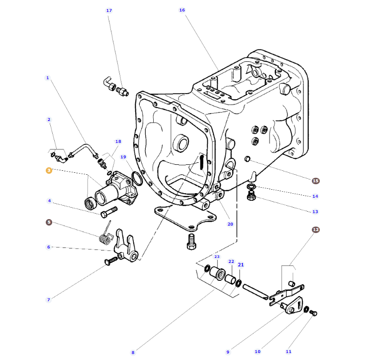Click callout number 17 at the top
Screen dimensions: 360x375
point(109,10)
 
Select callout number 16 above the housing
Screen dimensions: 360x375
point(182,10)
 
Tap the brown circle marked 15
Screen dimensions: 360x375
point(315,181)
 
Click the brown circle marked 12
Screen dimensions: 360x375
point(315,230)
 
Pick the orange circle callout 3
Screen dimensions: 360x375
point(49,170)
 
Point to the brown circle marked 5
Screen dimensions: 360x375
point(49,222)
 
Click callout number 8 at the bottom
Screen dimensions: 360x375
point(133,353)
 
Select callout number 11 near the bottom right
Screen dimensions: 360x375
point(288,352)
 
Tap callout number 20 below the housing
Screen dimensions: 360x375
point(230,224)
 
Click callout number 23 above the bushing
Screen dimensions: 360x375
point(216,256)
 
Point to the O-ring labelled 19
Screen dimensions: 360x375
point(137,178)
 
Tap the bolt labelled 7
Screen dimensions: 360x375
point(112,262)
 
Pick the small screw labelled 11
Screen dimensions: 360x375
point(314,313)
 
